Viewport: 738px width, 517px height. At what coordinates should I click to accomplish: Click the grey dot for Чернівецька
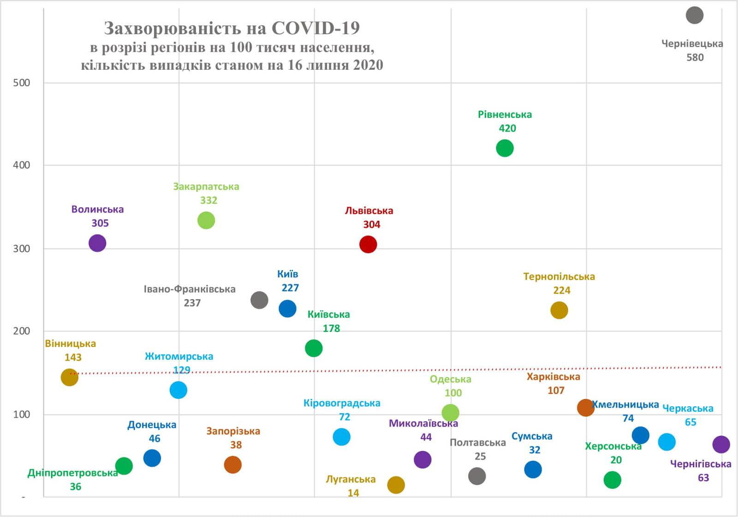point(694,15)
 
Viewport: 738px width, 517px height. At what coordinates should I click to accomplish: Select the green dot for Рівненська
point(505,148)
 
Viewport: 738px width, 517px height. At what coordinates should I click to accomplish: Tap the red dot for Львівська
point(368,244)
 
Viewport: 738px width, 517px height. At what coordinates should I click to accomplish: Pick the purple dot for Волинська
point(97,243)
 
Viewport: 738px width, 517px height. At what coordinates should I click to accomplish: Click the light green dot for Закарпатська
point(206,220)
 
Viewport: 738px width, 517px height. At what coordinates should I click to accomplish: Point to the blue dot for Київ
point(287,308)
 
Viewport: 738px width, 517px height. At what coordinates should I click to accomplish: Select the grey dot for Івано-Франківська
point(259,300)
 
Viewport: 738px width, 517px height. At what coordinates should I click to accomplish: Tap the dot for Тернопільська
point(559,310)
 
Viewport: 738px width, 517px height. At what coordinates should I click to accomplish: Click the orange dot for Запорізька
point(232,464)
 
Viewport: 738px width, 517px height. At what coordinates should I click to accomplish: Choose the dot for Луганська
point(396,485)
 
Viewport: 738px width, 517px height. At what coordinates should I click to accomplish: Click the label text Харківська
point(553,377)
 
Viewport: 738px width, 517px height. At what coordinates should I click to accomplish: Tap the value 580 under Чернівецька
point(695,58)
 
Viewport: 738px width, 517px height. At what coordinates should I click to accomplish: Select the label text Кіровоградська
point(342,403)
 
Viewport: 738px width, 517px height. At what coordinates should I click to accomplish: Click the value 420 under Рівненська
point(507,128)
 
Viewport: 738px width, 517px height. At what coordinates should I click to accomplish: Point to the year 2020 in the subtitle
point(368,65)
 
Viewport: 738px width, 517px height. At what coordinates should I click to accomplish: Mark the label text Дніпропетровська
point(72,473)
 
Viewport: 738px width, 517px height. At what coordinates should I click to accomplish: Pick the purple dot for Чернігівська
point(721,445)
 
